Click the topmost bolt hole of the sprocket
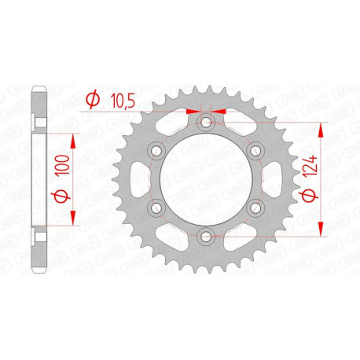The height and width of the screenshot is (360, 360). click(x=206, y=122)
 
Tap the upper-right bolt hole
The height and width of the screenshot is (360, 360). click(x=255, y=150)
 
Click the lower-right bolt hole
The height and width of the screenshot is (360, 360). click(x=255, y=207)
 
